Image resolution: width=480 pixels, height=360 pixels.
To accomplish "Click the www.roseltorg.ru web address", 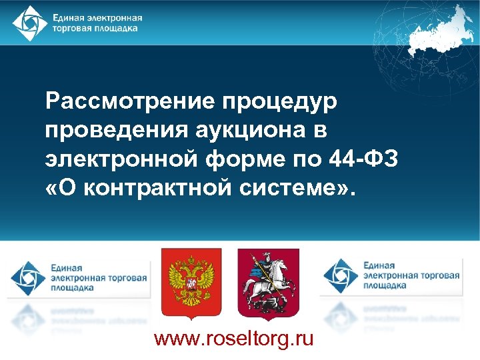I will pos(233,339).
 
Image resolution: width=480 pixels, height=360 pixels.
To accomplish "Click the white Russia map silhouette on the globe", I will pos(440,30).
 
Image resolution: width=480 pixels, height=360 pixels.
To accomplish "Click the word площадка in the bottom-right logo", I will pos(385,285).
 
